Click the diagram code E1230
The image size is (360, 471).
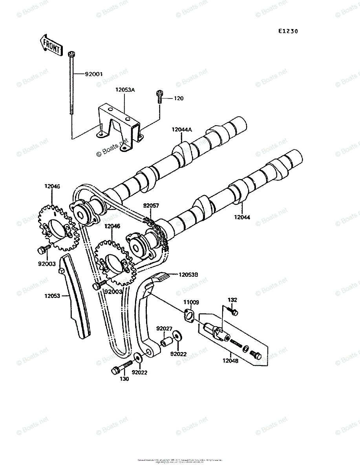coord(286,31)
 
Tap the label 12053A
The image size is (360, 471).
coord(125,89)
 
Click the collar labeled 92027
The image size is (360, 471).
coord(164,342)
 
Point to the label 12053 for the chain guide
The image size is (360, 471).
coord(52,296)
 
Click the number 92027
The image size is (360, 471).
coord(164,328)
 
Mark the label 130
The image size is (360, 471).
coord(124,379)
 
